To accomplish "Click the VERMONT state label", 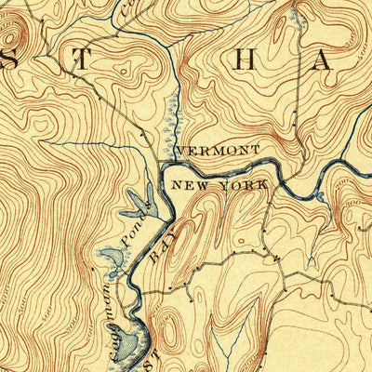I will pyautogui.click(x=217, y=150).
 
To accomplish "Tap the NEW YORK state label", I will pyautogui.click(x=219, y=186).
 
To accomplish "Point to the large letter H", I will pyautogui.click(x=243, y=60).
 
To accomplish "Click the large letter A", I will pyautogui.click(x=321, y=61).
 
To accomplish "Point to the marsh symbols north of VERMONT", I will pyautogui.click(x=168, y=121).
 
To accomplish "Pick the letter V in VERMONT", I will pyautogui.click(x=179, y=150).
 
